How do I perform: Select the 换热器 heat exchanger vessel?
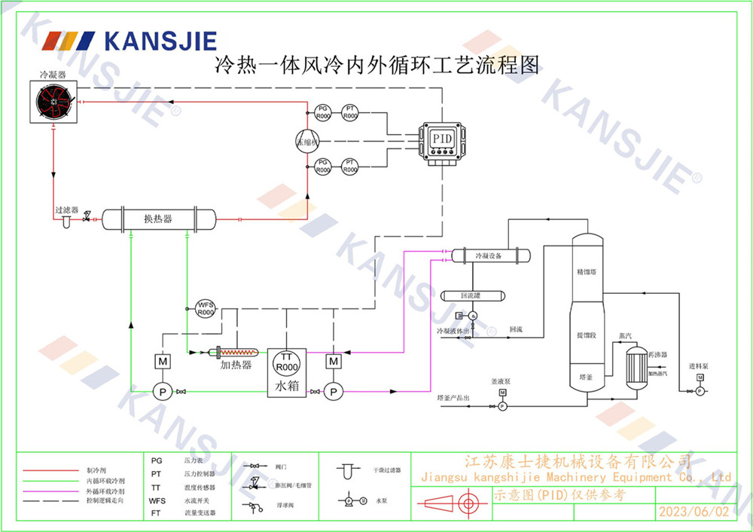click(158, 219)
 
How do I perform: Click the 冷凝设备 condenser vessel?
click(490, 256)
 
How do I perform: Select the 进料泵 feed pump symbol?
click(700, 390)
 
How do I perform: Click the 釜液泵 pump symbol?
click(502, 405)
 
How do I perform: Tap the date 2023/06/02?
click(694, 512)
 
